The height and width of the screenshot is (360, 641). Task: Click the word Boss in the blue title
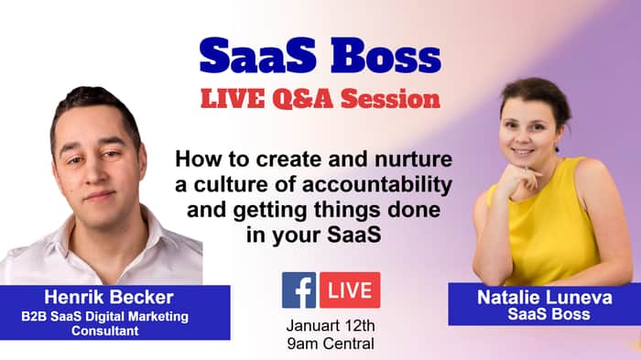point(386,56)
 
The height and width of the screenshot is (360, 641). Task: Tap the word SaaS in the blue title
point(258,56)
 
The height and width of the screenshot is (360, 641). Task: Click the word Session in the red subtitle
point(390,99)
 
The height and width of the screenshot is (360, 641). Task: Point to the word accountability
point(377,185)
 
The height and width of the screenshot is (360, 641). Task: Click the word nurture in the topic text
point(413,159)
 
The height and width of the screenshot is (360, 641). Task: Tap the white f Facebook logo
point(299,290)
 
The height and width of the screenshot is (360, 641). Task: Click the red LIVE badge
point(350,290)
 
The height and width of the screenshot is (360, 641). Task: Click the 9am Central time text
point(331,344)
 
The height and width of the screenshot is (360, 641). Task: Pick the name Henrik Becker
point(109,298)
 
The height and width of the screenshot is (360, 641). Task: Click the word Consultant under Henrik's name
point(105,331)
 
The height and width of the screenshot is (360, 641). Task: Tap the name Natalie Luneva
point(545,298)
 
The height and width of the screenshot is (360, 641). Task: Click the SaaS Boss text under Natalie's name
point(549,314)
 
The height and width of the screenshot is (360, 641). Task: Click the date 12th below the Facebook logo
point(360,325)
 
